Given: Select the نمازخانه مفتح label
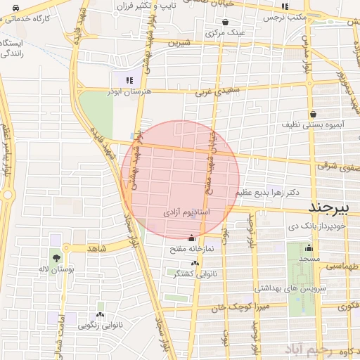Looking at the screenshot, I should tap(186, 249).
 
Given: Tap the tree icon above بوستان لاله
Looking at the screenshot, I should tap(56, 259).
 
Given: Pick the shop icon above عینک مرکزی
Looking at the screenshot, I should tap(226, 22).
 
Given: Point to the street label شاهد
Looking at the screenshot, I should tap(96, 248).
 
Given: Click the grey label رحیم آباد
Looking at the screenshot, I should tap(307, 349).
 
